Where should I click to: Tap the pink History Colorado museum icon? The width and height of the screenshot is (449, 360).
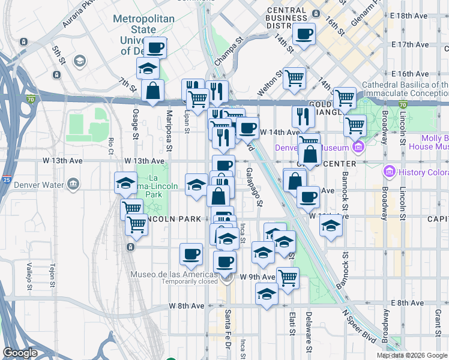point(390,173)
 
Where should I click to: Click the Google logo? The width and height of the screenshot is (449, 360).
point(20,353)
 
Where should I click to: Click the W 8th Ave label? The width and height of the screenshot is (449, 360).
point(187,306)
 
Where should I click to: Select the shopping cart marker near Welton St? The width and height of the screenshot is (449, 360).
point(294,77)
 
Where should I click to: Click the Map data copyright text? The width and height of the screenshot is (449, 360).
point(412,355)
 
